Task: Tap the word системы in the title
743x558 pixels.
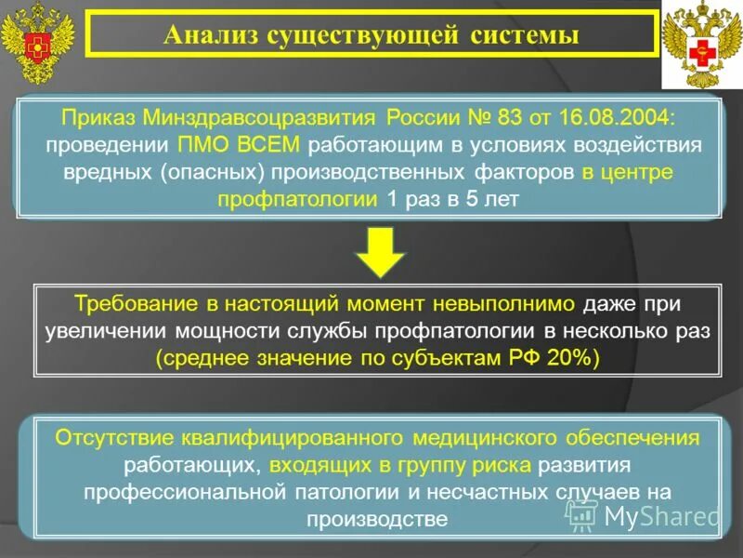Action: click(526, 36)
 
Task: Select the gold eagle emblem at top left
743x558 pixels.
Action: click(36, 42)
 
